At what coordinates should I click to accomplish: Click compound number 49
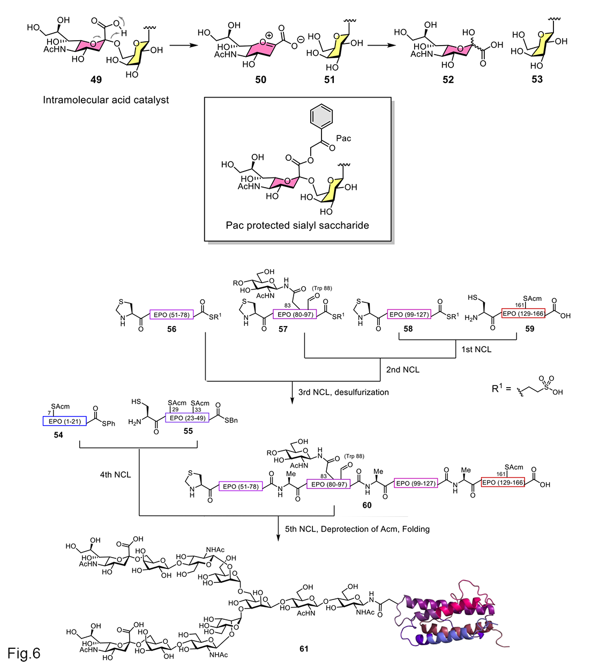pyautogui.click(x=96, y=79)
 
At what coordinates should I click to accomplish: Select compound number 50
pyautogui.click(x=260, y=79)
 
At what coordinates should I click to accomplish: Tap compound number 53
pyautogui.click(x=537, y=79)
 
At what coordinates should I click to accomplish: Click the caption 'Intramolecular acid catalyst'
pyautogui.click(x=106, y=100)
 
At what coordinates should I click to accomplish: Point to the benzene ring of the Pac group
pyautogui.click(x=321, y=116)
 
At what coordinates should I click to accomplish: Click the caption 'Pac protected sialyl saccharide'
pyautogui.click(x=297, y=225)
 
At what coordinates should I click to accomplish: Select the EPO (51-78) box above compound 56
pyautogui.click(x=171, y=315)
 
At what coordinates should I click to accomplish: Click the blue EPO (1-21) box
pyautogui.click(x=64, y=421)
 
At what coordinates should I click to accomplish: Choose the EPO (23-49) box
pyautogui.click(x=188, y=418)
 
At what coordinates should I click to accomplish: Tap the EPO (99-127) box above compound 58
pyautogui.click(x=409, y=314)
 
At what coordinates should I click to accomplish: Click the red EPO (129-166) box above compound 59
pyautogui.click(x=523, y=314)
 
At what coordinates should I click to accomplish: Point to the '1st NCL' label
pyautogui.click(x=476, y=350)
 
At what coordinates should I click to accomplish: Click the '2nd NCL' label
pyautogui.click(x=403, y=369)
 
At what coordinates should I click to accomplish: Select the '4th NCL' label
pyautogui.click(x=115, y=475)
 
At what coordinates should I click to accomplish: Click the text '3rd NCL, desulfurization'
pyautogui.click(x=343, y=392)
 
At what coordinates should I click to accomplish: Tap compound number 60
pyautogui.click(x=367, y=505)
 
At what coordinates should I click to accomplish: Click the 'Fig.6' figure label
pyautogui.click(x=24, y=653)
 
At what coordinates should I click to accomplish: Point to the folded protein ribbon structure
pyautogui.click(x=450, y=617)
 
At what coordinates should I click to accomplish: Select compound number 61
pyautogui.click(x=304, y=649)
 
